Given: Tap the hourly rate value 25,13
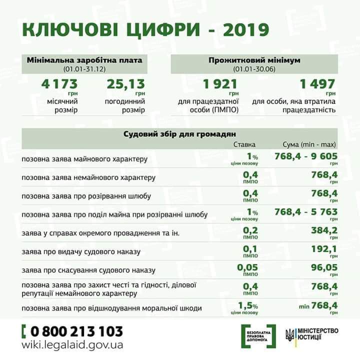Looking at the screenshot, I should coord(125,83).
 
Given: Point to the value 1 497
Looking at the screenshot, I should coord(316,83).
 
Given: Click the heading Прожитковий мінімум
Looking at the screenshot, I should coord(254,60).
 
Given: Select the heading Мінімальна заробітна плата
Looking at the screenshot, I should coord(84,60).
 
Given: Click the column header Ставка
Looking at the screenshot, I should coord(245,144).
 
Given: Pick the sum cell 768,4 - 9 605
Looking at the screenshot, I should coord(306,156).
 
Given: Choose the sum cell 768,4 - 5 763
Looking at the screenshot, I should coord(306,212).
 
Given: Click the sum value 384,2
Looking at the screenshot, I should coord(324,230).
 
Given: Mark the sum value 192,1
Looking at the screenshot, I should coord(324,248).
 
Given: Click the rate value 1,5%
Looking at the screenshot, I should coord(248,304).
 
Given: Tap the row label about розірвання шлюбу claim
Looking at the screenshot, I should coord(86,196).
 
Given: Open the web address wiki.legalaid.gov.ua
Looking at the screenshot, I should coord(72,345).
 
